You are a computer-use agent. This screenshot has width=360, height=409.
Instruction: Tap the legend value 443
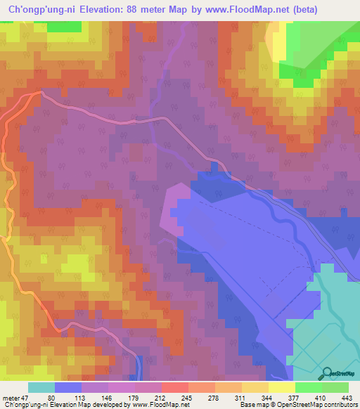click(345, 397)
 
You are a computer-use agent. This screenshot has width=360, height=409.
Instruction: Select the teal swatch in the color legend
click(41, 387)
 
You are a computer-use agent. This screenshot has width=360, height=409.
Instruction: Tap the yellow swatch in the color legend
click(281, 387)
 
